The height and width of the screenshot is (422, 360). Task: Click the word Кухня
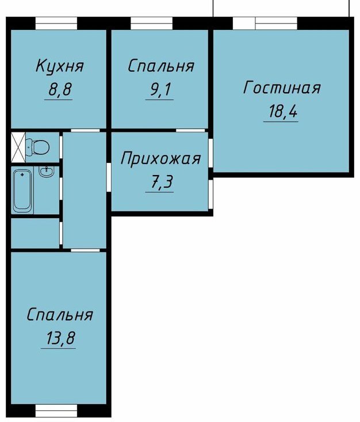pyautogui.click(x=60, y=66)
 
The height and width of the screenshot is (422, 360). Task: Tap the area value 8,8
pyautogui.click(x=60, y=89)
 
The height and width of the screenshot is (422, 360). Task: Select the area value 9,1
pyautogui.click(x=160, y=89)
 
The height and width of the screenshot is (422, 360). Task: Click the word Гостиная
pyautogui.click(x=282, y=88)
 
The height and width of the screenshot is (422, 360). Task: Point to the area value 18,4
pyautogui.click(x=283, y=111)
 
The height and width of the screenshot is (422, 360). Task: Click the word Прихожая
pyautogui.click(x=160, y=159)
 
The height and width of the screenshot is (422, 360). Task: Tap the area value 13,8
pyautogui.click(x=60, y=338)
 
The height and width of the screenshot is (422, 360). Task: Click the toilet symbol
pyautogui.click(x=37, y=147)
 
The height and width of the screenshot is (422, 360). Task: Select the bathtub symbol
pyautogui.click(x=22, y=190)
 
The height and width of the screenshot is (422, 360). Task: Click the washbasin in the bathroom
pyautogui.click(x=47, y=171)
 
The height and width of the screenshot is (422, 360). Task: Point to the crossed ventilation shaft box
pyautogui.click(x=18, y=147)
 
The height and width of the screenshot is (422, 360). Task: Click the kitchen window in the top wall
pyautogui.click(x=56, y=23)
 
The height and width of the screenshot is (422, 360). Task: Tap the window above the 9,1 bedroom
pyautogui.click(x=151, y=23)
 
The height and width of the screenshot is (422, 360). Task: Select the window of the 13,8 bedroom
pyautogui.click(x=56, y=411)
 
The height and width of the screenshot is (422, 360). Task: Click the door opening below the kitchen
pyautogui.click(x=85, y=130)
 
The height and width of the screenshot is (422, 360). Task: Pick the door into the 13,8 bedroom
pyautogui.click(x=85, y=250)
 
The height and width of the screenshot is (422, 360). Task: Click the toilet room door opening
pyautogui.click(x=61, y=147)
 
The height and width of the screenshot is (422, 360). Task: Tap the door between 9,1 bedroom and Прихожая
pyautogui.click(x=190, y=130)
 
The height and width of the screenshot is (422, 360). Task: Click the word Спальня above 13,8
pyautogui.click(x=60, y=314)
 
